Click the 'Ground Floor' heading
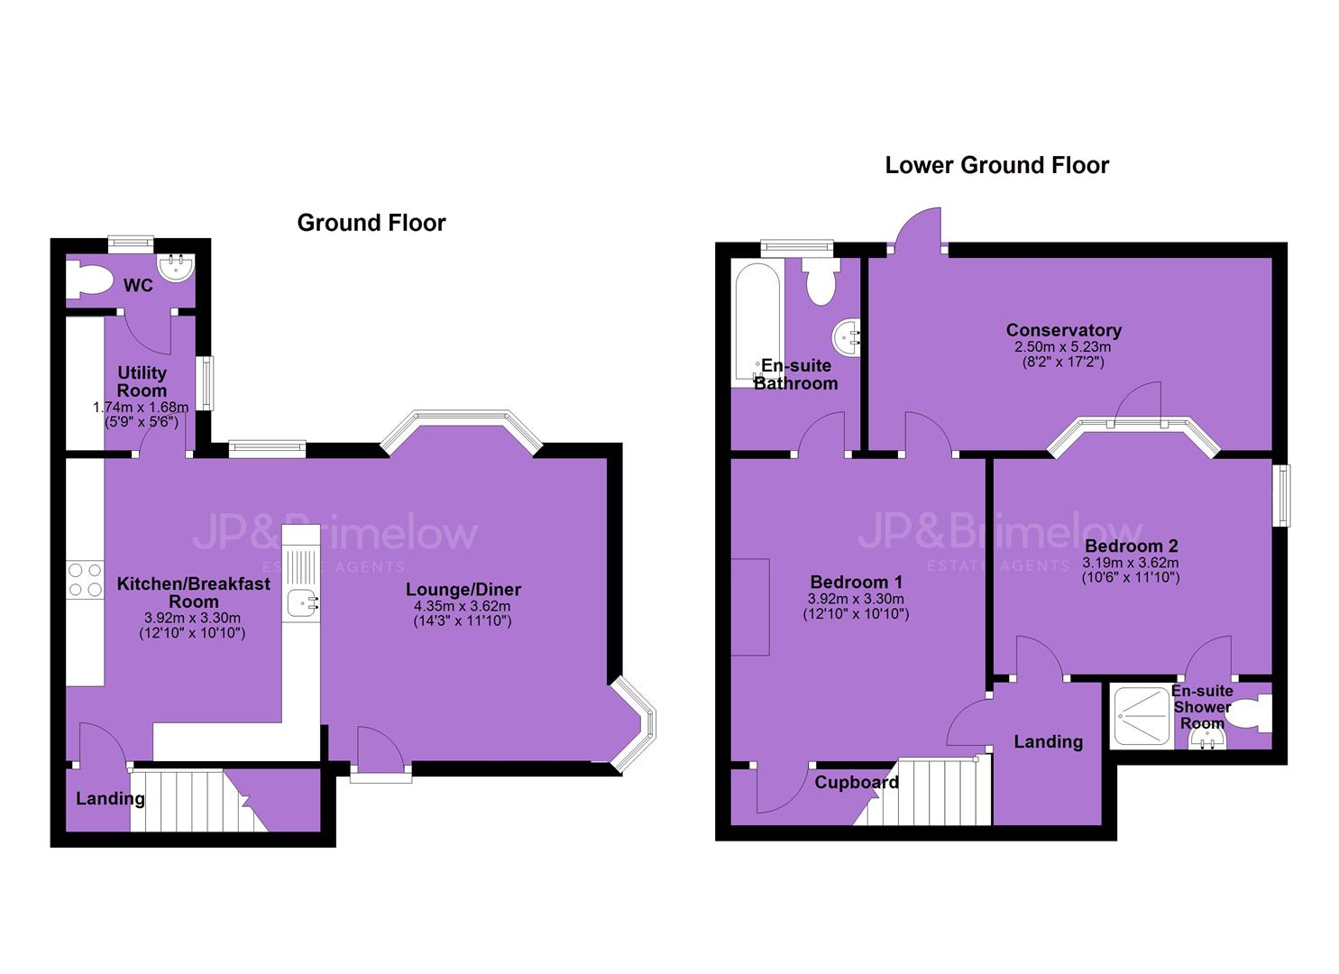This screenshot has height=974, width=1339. pos(371,223)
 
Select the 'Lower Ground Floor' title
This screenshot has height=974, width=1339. pos(996,166)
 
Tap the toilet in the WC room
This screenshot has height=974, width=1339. pos(89,280)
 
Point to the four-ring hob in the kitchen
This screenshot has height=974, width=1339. pos(85,580)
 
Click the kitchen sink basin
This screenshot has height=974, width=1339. pos(301,602)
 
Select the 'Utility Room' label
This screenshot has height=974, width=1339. pos(142,381)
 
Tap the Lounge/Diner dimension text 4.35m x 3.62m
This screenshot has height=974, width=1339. pos(463,606)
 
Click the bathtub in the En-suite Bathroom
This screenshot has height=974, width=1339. pos(757,323)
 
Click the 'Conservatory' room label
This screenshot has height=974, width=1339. pos(1063,330)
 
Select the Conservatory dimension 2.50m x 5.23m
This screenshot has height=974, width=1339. pos(1062,347)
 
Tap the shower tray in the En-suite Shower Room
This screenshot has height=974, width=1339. pos(1140,717)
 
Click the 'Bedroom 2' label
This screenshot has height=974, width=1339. pos(1131,546)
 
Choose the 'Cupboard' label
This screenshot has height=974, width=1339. pos(857,783)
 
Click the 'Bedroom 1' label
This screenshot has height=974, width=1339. pos(856,582)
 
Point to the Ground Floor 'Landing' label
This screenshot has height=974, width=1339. pos(110,799)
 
